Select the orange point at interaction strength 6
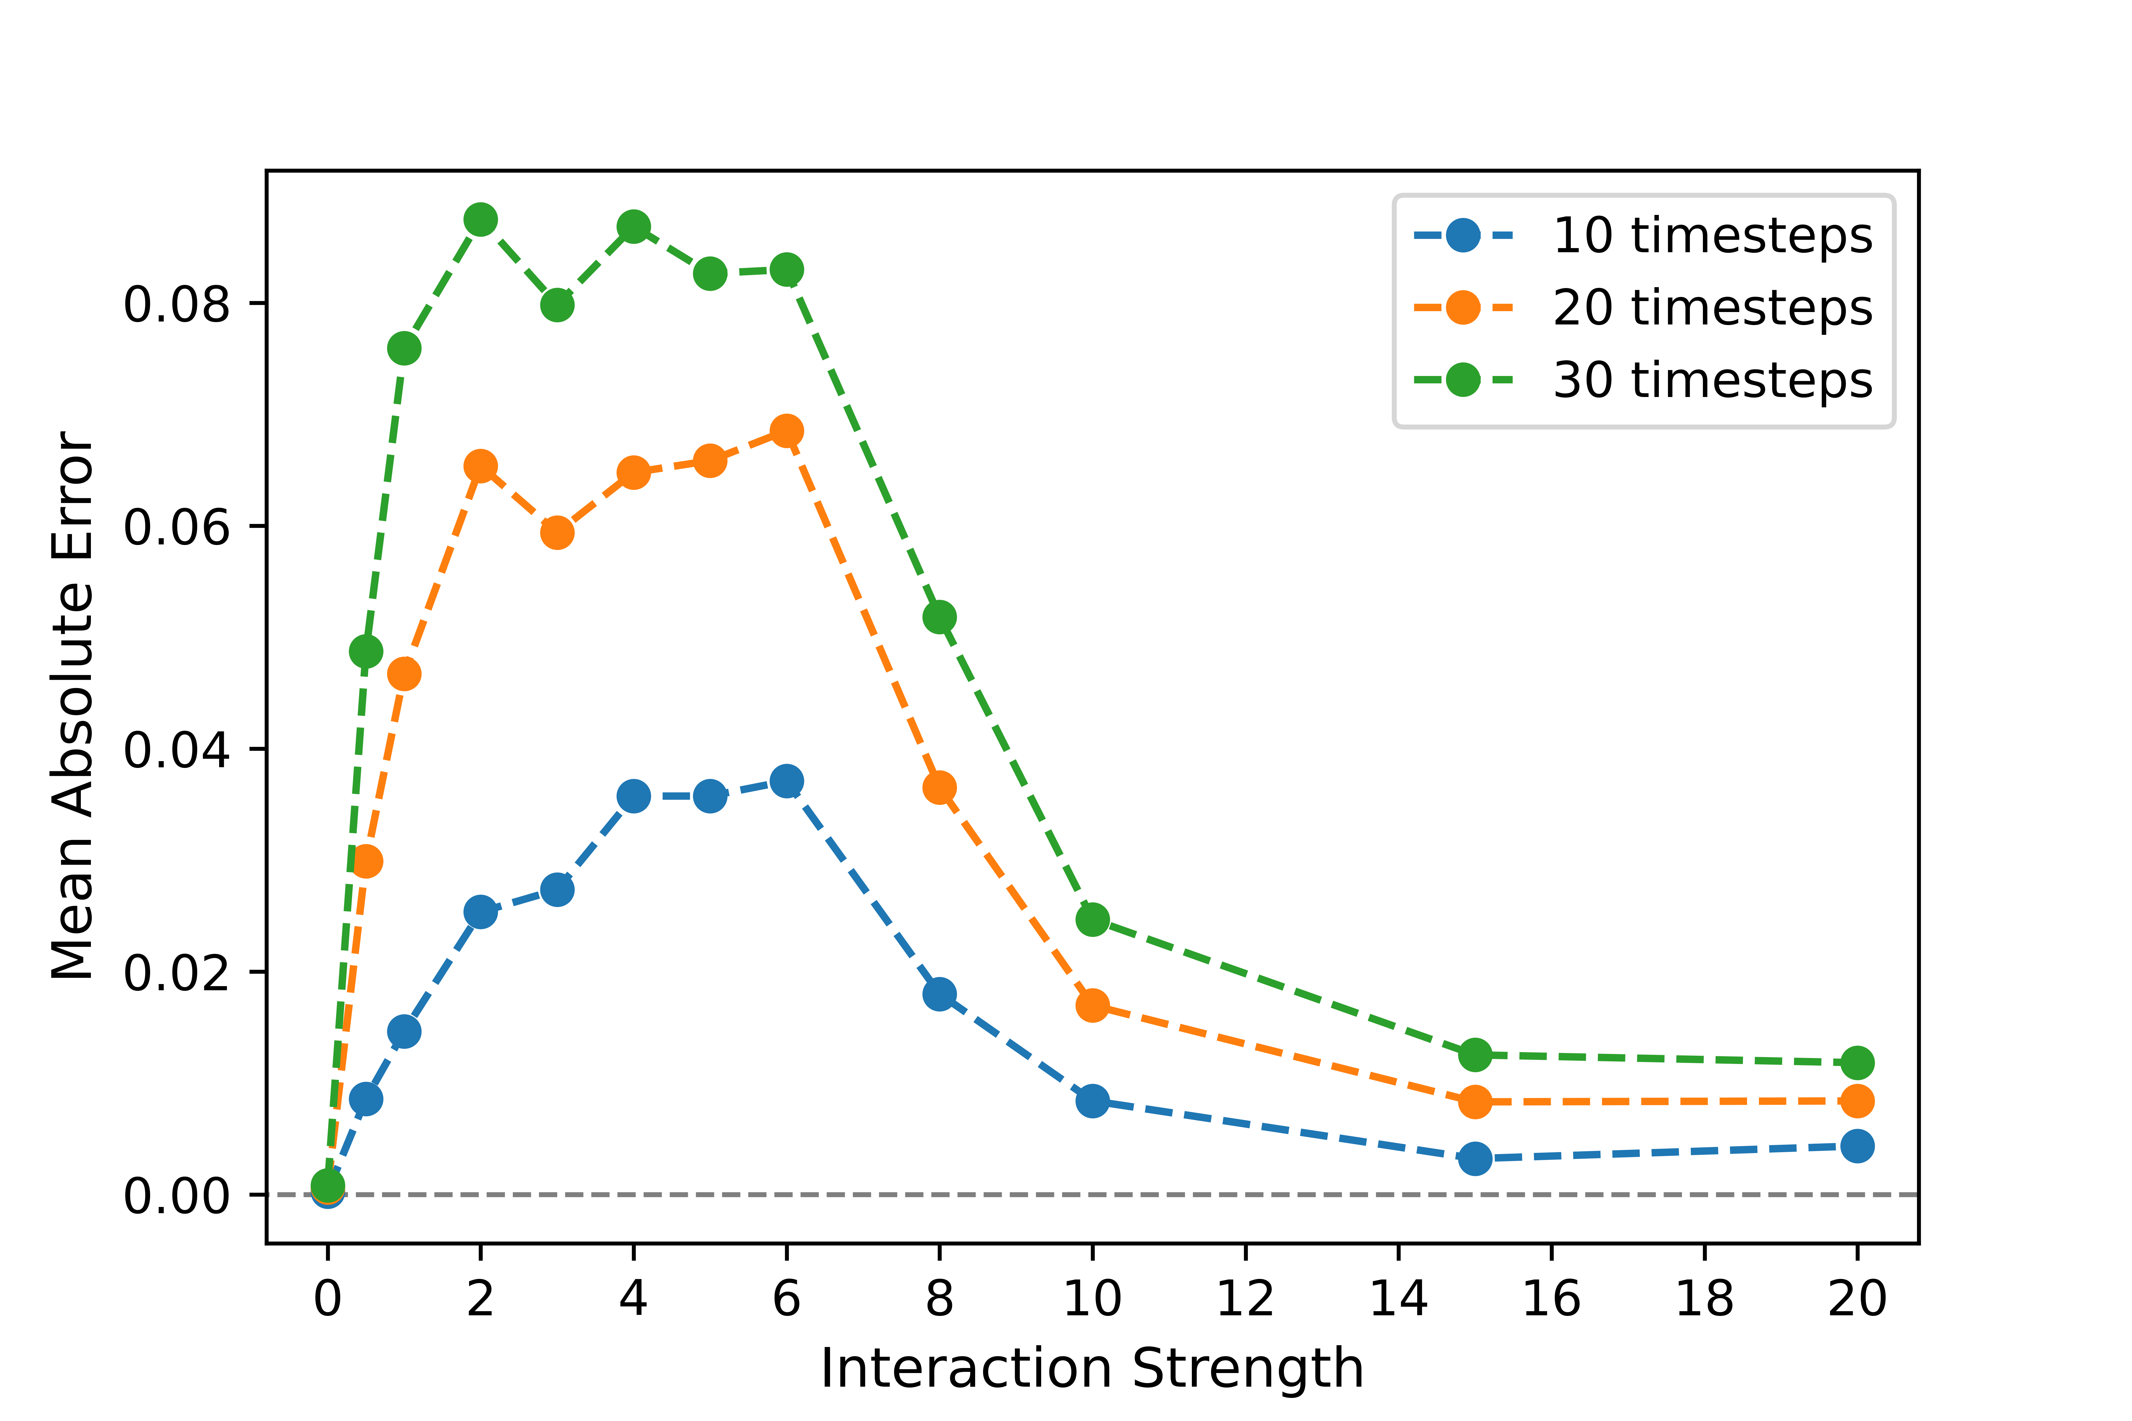pyautogui.click(x=786, y=430)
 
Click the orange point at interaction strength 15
pyautogui.click(x=1475, y=1102)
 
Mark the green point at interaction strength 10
pyautogui.click(x=1092, y=920)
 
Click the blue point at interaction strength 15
pyautogui.click(x=1475, y=1158)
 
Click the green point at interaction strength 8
pyautogui.click(x=939, y=617)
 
